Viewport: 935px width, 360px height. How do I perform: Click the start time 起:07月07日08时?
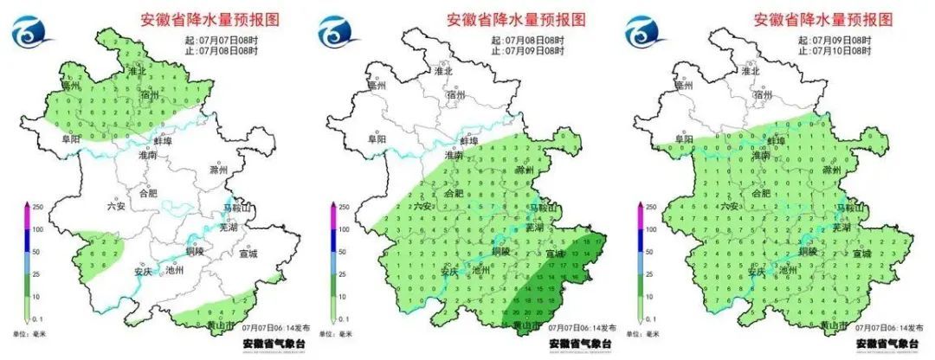pos(220,41)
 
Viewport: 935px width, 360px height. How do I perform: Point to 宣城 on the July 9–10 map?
pos(861,254)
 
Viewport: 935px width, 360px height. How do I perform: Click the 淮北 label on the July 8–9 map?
pos(442,72)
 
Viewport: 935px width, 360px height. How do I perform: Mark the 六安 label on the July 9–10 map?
pos(729,206)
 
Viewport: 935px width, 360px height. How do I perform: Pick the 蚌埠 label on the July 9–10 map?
pos(776,140)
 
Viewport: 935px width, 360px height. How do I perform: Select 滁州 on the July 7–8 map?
pos(211,170)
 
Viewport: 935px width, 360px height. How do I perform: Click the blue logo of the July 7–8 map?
pos(31,34)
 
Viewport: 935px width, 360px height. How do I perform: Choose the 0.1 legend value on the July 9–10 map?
pos(652,319)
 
